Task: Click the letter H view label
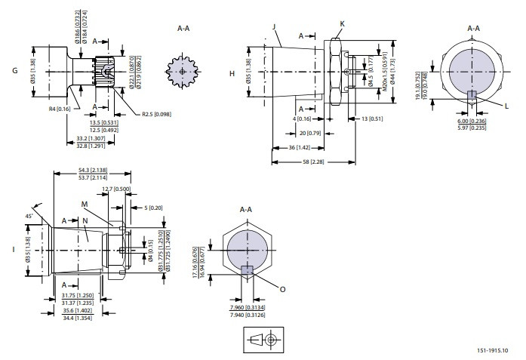point(232,73)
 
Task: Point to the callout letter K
point(342,25)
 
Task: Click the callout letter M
point(85,205)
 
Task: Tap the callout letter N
point(85,220)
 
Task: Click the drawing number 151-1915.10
point(492,350)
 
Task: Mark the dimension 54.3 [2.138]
point(91,171)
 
